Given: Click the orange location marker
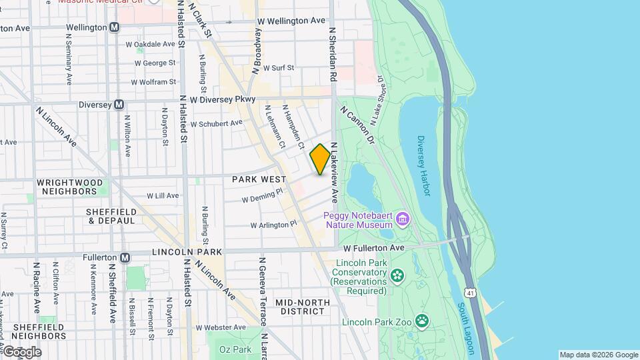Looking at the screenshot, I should click(x=320, y=159).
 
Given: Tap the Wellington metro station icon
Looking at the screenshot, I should click(x=115, y=27).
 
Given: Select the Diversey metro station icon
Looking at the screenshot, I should click(x=119, y=105).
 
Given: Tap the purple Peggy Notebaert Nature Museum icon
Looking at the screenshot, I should click(x=402, y=219).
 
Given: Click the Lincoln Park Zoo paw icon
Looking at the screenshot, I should click(x=422, y=322).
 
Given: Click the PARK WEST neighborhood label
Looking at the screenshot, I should click(x=259, y=179).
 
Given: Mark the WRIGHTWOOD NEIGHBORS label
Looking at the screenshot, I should click(x=70, y=187).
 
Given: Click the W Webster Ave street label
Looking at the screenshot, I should click(x=221, y=327).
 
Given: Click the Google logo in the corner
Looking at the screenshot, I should click(x=22, y=352).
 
